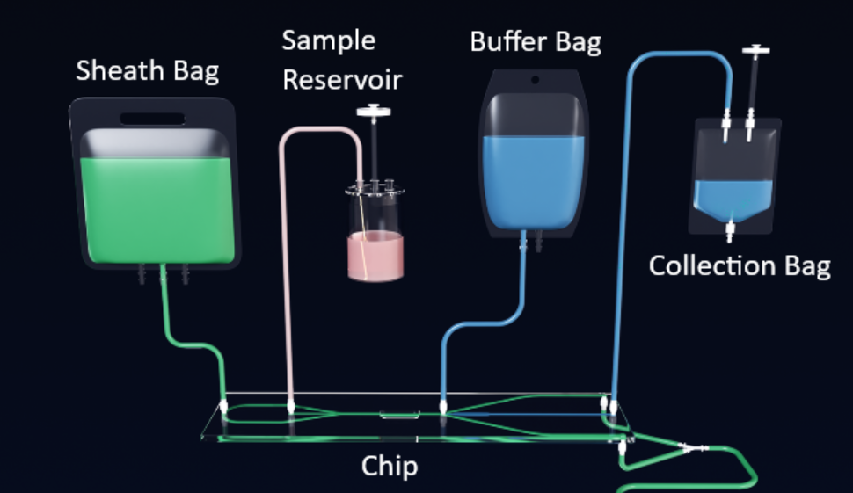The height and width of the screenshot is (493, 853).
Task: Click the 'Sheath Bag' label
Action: (147, 70)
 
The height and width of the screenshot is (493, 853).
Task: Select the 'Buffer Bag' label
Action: (536, 41)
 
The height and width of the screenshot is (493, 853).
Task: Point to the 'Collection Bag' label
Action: (739, 265)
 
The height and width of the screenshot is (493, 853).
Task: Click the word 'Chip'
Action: (389, 466)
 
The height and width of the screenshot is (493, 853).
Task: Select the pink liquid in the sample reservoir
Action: (375, 257)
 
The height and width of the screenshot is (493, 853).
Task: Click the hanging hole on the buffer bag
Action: (534, 80)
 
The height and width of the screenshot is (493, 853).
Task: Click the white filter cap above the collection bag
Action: (755, 50)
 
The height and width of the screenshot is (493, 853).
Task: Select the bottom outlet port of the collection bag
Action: (728, 234)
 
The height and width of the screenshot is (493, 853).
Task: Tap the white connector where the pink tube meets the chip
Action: (290, 407)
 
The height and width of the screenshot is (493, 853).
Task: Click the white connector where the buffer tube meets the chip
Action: (442, 407)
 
